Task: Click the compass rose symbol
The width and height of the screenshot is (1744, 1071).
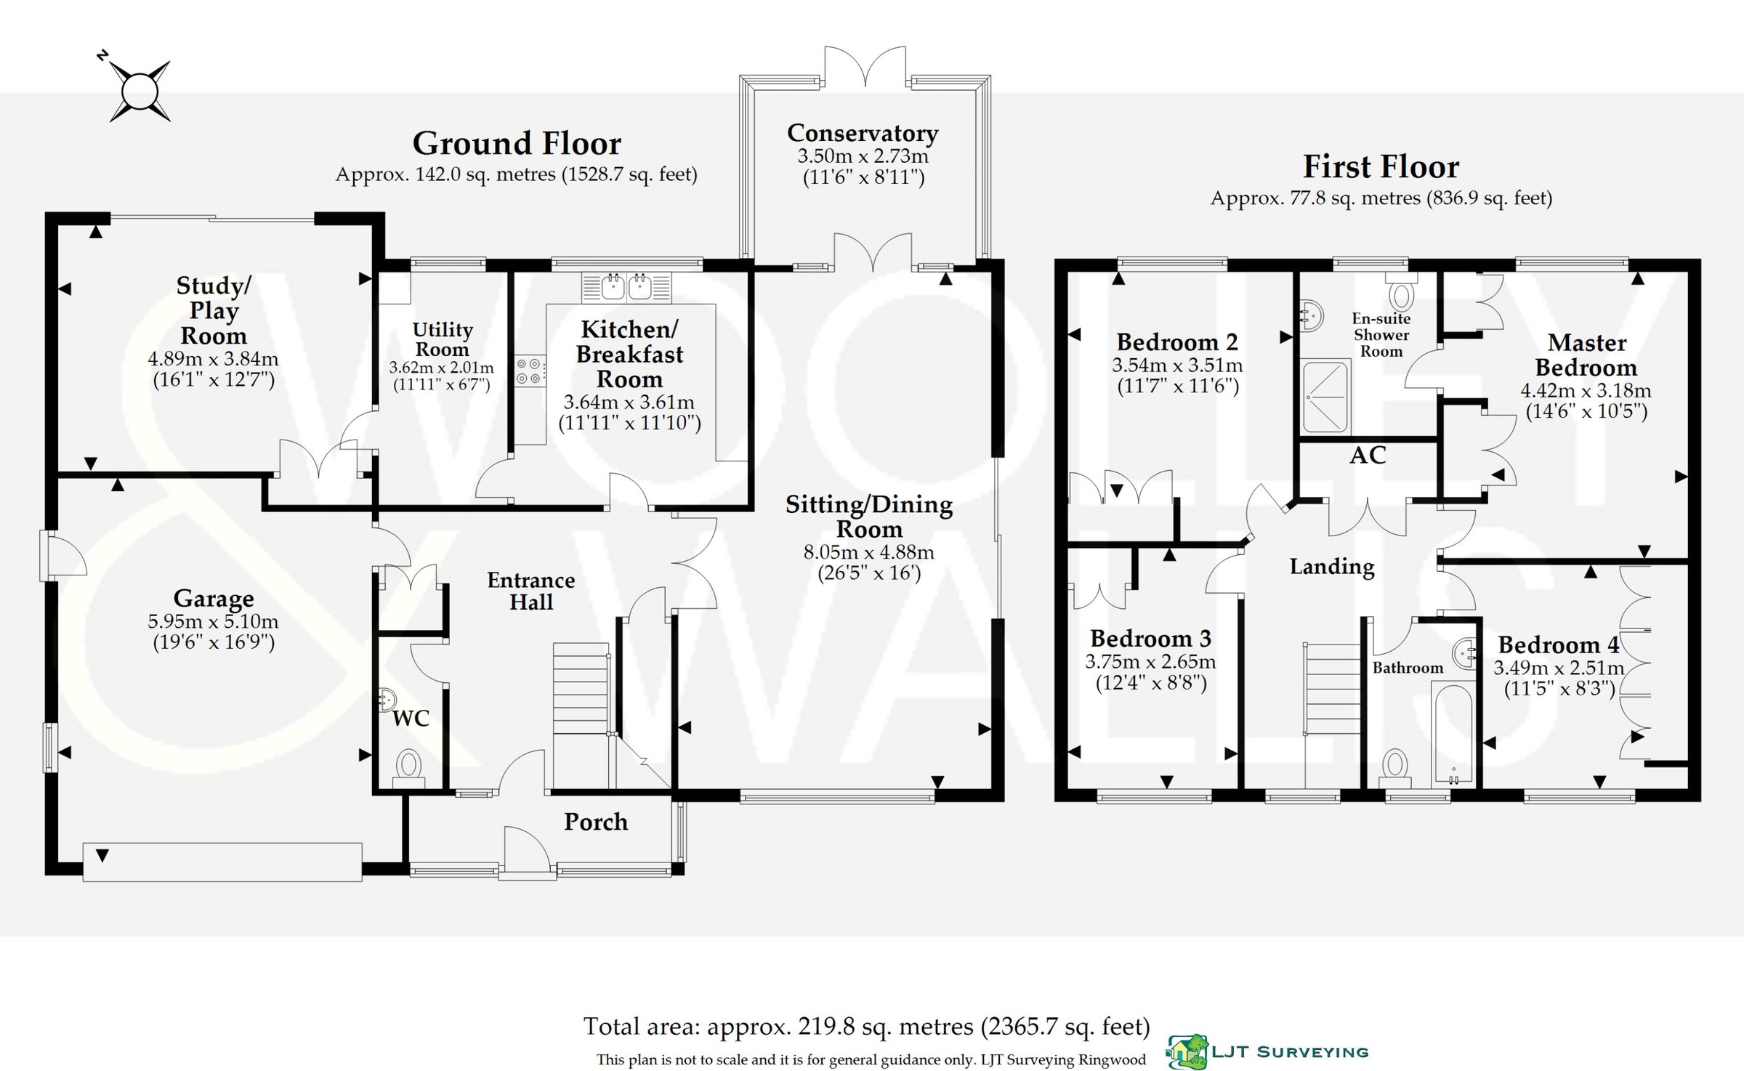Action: pyautogui.click(x=140, y=92)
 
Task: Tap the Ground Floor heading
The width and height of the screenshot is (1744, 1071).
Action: pyautogui.click(x=517, y=144)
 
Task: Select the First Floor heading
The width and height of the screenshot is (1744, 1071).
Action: pyautogui.click(x=1381, y=167)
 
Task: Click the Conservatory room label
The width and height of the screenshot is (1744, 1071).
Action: pyautogui.click(x=863, y=133)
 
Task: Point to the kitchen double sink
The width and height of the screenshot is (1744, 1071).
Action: pyautogui.click(x=626, y=288)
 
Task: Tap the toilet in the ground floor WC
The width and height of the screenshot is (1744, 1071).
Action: pyautogui.click(x=408, y=765)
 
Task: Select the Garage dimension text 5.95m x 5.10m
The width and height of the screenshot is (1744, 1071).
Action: pyautogui.click(x=213, y=621)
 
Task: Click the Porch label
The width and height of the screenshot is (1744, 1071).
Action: pyautogui.click(x=596, y=822)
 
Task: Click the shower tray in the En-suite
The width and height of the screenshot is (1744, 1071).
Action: pyautogui.click(x=1325, y=397)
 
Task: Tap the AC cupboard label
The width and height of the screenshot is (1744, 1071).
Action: pyautogui.click(x=1368, y=456)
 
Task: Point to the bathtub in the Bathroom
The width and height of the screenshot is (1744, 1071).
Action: pyautogui.click(x=1453, y=734)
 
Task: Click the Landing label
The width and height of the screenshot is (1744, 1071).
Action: pyautogui.click(x=1332, y=567)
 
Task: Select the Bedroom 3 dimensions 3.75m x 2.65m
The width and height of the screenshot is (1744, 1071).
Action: pyautogui.click(x=1150, y=662)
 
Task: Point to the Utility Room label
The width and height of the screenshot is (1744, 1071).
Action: pyautogui.click(x=443, y=339)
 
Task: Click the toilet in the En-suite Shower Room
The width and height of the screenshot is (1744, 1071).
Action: pyautogui.click(x=1400, y=293)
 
